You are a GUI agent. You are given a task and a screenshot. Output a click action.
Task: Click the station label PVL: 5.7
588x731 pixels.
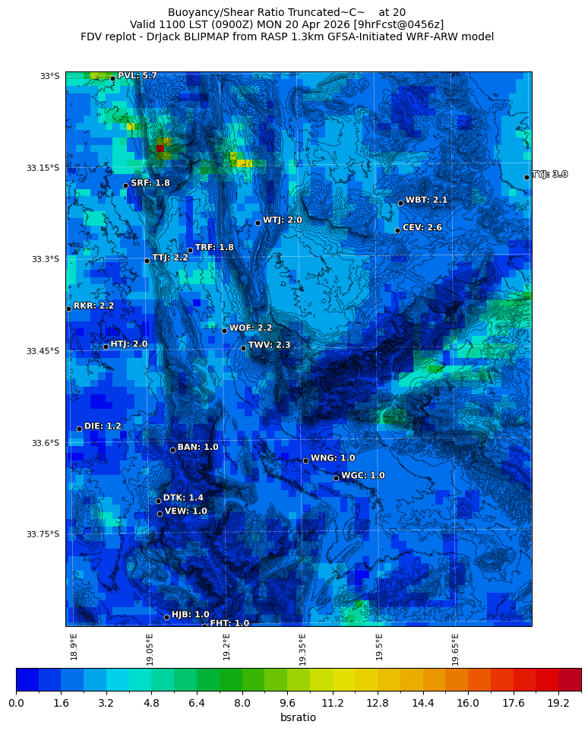point(137,76)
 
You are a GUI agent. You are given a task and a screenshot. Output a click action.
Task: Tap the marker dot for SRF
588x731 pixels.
point(125,185)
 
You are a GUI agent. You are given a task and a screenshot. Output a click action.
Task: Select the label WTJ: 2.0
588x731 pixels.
point(283,220)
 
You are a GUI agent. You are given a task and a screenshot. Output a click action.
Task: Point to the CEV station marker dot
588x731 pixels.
point(397,230)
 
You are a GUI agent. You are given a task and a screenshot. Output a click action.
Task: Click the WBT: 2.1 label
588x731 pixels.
point(426,200)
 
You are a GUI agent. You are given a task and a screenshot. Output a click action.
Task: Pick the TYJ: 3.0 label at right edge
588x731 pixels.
point(549,175)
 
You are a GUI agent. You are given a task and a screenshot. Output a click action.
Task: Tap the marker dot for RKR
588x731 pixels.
point(68,309)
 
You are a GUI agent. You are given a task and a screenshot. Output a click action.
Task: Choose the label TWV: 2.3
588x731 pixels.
point(269,345)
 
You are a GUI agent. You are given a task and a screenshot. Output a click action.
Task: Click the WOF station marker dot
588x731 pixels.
point(224,331)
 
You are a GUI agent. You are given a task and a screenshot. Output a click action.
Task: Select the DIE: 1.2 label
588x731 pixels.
point(103,426)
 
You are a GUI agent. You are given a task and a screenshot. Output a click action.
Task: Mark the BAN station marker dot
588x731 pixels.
point(172,450)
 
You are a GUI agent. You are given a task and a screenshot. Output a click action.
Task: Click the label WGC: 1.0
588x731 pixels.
point(362,476)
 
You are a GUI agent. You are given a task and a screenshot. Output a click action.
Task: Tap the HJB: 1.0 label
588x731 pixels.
point(190,615)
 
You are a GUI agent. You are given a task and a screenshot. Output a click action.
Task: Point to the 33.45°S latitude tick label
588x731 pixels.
point(43,351)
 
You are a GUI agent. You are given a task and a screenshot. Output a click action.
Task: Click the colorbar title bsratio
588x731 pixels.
point(298,718)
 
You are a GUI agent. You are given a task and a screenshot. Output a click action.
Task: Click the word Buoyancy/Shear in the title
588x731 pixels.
point(207,12)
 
